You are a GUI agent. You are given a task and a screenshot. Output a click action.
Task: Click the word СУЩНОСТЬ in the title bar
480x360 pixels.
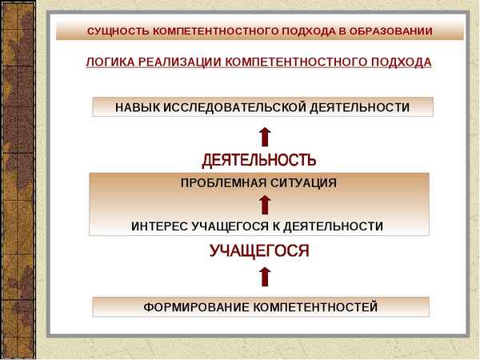pyautogui.click(x=114, y=31)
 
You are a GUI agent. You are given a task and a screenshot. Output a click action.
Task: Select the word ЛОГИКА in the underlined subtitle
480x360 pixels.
pyautogui.click(x=109, y=62)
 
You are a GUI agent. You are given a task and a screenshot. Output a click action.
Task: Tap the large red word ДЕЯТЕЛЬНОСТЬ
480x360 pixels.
pyautogui.click(x=259, y=160)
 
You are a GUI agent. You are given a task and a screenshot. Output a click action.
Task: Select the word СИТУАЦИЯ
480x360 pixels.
pyautogui.click(x=305, y=182)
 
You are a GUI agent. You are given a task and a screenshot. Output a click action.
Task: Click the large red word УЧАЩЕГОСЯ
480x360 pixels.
pyautogui.click(x=259, y=251)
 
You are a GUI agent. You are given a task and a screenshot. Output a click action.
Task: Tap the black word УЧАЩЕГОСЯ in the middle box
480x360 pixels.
pyautogui.click(x=231, y=226)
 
